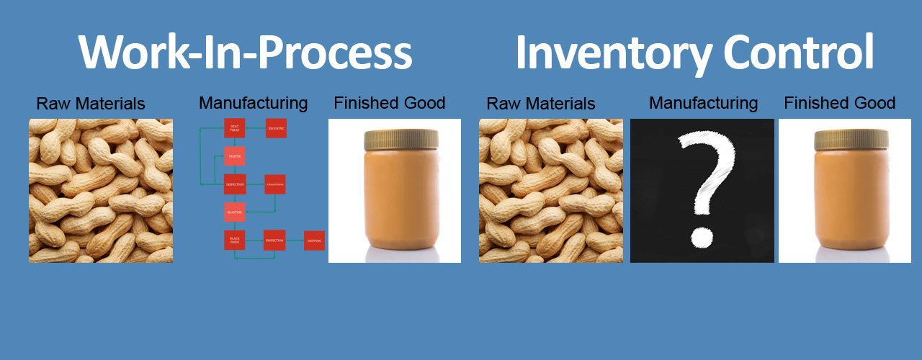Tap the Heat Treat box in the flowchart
(x=235, y=128)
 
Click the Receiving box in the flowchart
(x=276, y=128)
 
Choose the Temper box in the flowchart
(x=235, y=156)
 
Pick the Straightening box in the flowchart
(x=275, y=184)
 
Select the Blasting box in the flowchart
(x=235, y=212)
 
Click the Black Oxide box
(x=235, y=240)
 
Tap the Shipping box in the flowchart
(x=314, y=240)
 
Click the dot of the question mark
(x=701, y=237)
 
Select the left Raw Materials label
(x=91, y=104)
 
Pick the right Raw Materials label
(x=541, y=104)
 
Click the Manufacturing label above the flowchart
(x=254, y=103)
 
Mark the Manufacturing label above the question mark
(x=703, y=103)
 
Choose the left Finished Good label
(x=390, y=103)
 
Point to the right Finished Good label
(x=840, y=103)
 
